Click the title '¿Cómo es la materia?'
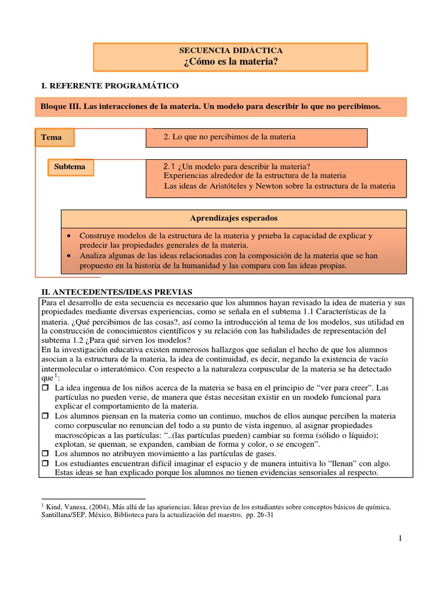pyautogui.click(x=231, y=62)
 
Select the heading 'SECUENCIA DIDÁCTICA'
pyautogui.click(x=231, y=51)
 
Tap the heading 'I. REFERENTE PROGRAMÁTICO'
pyautogui.click(x=109, y=85)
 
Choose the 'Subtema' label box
pyautogui.click(x=70, y=167)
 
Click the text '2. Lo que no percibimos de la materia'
pyautogui.click(x=229, y=137)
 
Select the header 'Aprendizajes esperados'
pyautogui.click(x=233, y=218)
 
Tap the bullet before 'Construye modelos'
pyautogui.click(x=70, y=236)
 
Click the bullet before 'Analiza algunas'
pyautogui.click(x=70, y=256)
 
